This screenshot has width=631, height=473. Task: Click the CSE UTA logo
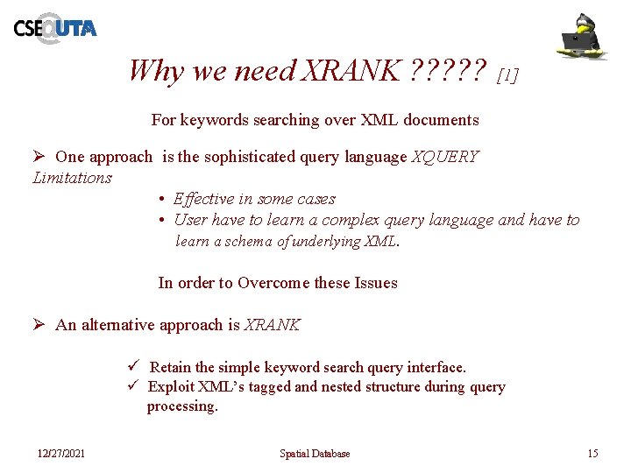tap(54, 28)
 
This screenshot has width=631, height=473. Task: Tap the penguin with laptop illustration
tap(584, 36)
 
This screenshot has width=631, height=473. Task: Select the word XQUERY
tap(445, 157)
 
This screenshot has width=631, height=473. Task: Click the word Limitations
tap(72, 178)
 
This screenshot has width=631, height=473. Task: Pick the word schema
tap(247, 241)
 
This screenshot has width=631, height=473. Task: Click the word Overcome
tap(273, 283)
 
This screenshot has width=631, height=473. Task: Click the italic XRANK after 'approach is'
tap(272, 325)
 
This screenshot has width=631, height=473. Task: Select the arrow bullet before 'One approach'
tap(39, 157)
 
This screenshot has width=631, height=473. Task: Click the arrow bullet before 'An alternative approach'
tap(39, 325)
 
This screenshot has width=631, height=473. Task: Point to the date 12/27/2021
tap(61, 453)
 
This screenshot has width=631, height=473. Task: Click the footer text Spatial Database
tap(315, 453)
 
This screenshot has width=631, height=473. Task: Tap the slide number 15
tap(592, 453)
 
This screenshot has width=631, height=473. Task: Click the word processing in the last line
tap(181, 406)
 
